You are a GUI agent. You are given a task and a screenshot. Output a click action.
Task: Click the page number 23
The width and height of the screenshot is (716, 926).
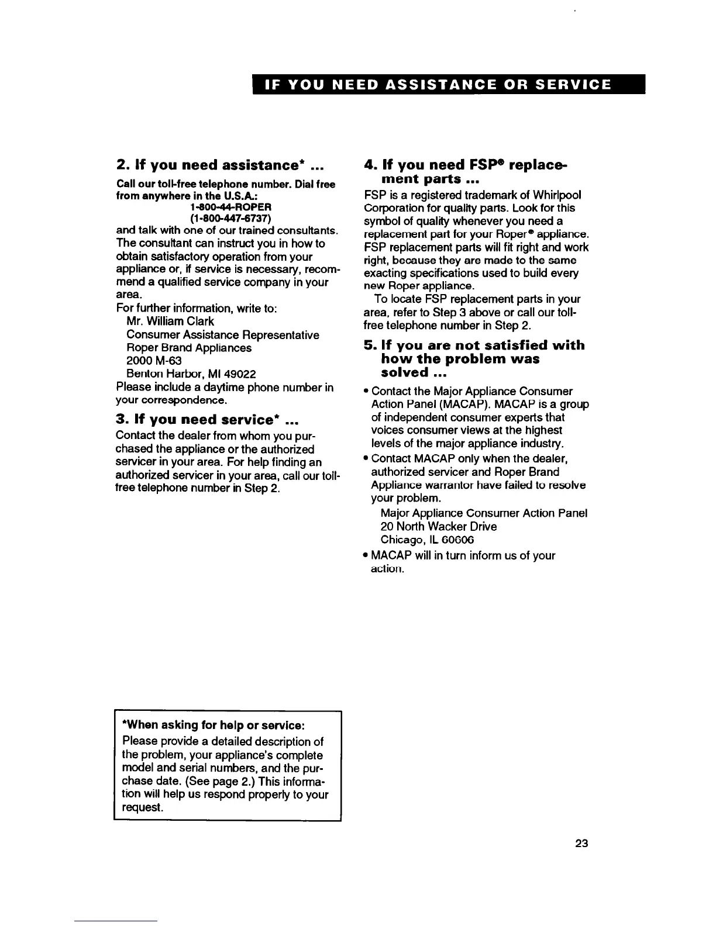pos(580,843)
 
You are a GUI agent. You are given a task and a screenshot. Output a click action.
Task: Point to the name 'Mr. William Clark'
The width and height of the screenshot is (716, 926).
pos(170,322)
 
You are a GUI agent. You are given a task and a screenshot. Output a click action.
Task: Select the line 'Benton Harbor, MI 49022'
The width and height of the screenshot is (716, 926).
pos(191,374)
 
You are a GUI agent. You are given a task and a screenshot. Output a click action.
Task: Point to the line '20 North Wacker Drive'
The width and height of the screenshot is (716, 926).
pos(439,526)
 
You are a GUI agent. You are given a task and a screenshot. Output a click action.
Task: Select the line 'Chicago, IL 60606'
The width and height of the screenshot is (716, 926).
pos(428,539)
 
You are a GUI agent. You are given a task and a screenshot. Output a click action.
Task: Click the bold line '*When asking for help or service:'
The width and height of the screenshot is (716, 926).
pos(213,725)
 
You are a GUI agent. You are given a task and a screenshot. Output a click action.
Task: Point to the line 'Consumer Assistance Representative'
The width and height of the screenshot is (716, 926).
pos(222,335)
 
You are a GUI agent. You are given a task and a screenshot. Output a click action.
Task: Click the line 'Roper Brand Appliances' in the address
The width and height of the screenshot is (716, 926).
pos(189,348)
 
